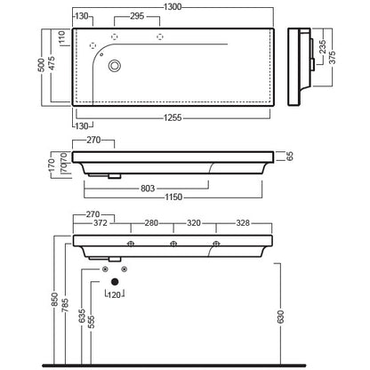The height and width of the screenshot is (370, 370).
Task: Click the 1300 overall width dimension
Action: tap(173, 6)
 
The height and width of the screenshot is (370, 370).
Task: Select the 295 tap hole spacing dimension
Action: tap(137, 16)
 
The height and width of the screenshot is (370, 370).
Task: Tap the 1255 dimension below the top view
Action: tap(173, 117)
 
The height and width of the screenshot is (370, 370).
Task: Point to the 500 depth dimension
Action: tap(42, 65)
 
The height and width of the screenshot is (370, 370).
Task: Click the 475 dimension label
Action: tap(52, 63)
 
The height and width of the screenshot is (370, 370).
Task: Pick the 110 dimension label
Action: tap(62, 37)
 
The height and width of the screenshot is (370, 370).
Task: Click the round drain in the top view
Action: tap(115, 66)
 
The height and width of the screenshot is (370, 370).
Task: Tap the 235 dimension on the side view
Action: tap(322, 47)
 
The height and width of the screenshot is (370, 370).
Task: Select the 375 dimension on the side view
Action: tap(332, 57)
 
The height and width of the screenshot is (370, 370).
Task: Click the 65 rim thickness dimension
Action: tap(290, 157)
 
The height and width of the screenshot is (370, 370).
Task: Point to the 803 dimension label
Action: tap(148, 189)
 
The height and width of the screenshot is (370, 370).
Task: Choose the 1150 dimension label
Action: tap(173, 197)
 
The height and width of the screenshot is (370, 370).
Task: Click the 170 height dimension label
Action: tap(52, 165)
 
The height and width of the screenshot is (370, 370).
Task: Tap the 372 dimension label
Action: tap(101, 223)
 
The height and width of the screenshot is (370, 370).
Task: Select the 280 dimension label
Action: tap(151, 223)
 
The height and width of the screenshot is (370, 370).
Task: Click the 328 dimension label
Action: tap(243, 223)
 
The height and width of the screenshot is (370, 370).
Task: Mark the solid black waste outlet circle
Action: tap(115, 282)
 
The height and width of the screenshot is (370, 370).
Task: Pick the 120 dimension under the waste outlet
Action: tap(115, 294)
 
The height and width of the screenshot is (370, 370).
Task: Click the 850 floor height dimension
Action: tap(54, 300)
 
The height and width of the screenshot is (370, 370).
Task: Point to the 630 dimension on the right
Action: tap(281, 317)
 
